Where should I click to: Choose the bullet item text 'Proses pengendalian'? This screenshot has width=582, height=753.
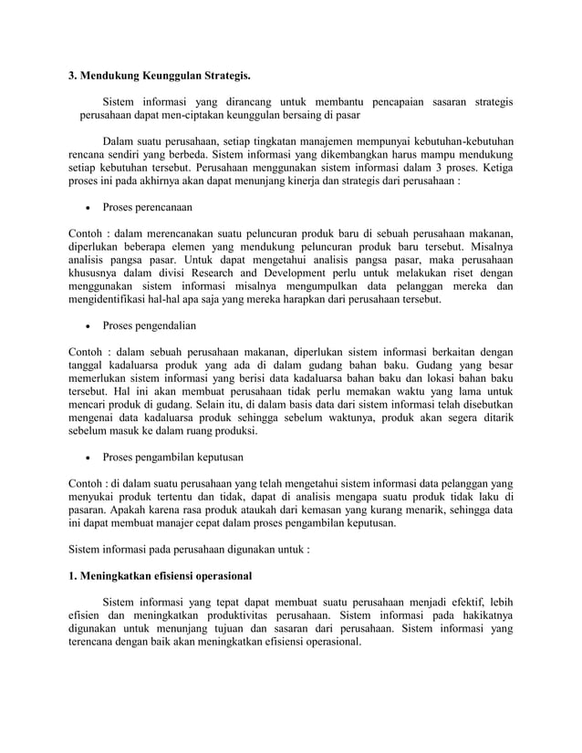tap(150, 325)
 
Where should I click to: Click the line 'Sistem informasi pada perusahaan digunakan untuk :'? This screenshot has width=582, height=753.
tap(190, 551)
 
